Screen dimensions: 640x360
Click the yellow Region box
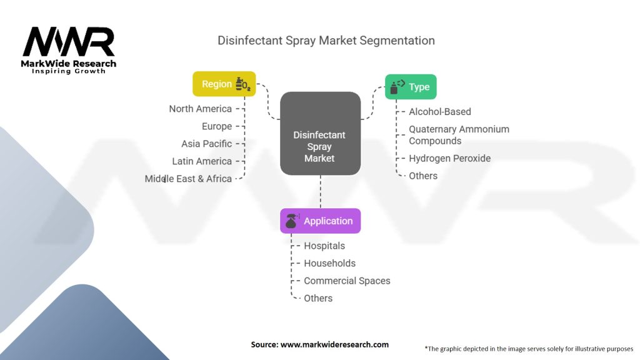tap(224, 84)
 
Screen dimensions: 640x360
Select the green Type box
tap(411, 87)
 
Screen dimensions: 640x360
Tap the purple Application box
tap(321, 221)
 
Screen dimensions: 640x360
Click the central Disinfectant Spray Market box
tap(321, 134)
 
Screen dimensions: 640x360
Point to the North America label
tap(201, 109)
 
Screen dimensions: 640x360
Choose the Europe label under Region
tap(217, 126)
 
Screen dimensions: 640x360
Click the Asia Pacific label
tap(206, 144)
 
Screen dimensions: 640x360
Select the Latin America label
tap(202, 161)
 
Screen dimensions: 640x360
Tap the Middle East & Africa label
tap(188, 179)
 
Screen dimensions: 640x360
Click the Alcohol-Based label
tap(440, 112)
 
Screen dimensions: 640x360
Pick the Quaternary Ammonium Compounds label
tap(459, 135)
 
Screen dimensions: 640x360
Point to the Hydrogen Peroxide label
tap(450, 158)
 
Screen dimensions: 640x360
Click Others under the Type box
tap(423, 176)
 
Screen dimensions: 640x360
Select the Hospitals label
tap(324, 246)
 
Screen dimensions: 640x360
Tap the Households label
tap(330, 263)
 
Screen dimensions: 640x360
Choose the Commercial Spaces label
tap(347, 281)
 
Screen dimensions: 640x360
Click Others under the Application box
tap(318, 298)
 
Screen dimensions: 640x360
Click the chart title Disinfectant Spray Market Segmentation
tap(326, 41)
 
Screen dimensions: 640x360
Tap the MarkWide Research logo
tap(69, 50)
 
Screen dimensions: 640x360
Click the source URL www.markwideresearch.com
tap(335, 344)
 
